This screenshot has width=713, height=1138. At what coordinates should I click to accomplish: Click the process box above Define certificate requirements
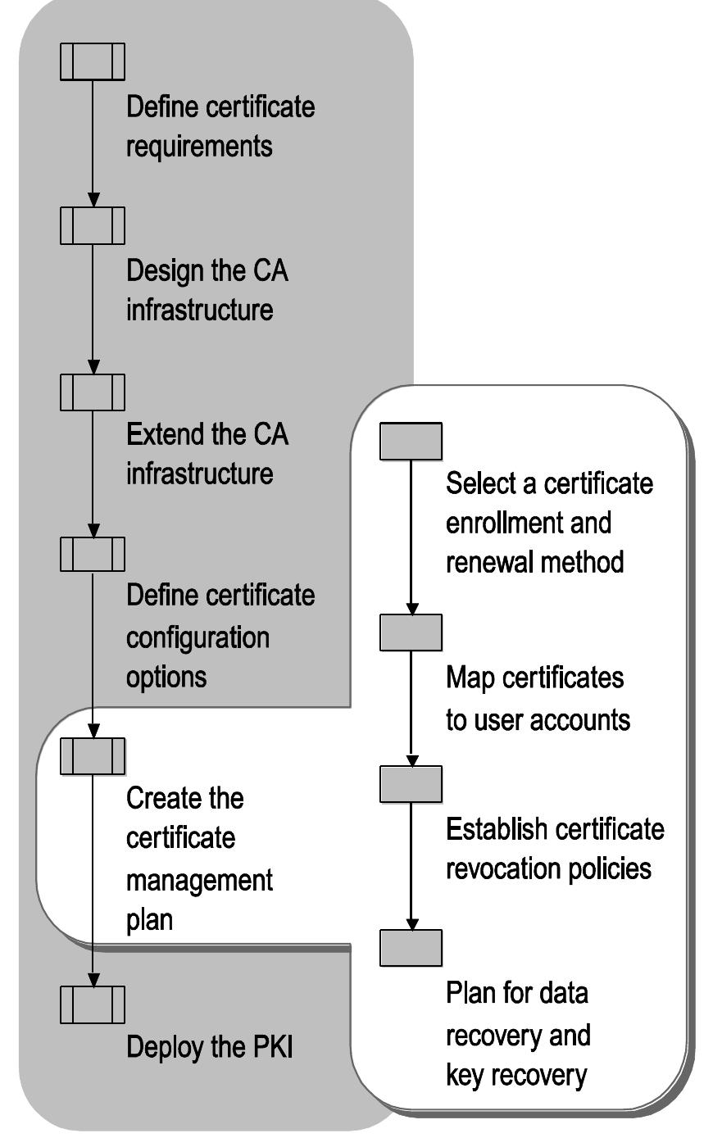coord(93,61)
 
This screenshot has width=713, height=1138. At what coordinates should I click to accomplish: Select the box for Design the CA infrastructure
coord(93,225)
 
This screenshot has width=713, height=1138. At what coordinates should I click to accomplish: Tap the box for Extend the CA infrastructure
coord(93,392)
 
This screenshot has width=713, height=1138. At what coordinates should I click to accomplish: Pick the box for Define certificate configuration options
coord(93,554)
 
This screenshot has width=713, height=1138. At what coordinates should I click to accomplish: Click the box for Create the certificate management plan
coord(93,755)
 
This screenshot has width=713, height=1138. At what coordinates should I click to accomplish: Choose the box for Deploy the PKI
coord(93,1004)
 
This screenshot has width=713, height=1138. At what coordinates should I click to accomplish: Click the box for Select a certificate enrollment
coord(411,441)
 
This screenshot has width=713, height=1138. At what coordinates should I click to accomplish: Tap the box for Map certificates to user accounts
coord(411,632)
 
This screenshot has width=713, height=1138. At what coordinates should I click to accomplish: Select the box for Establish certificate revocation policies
coord(411,784)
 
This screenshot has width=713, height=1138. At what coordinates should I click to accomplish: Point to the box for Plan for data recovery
coord(411,948)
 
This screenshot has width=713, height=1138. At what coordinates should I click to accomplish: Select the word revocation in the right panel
coord(497,868)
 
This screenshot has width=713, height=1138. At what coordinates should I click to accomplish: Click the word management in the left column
coord(199,881)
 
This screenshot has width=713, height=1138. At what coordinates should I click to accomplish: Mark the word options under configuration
coord(166,677)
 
